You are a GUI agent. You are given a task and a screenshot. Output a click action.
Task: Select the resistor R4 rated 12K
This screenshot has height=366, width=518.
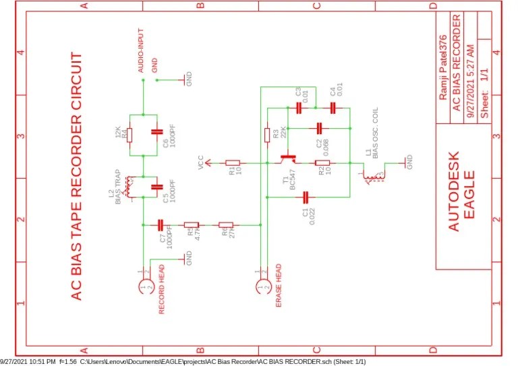click(129, 134)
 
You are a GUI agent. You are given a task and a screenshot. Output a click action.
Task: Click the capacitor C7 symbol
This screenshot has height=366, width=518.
click(161, 224)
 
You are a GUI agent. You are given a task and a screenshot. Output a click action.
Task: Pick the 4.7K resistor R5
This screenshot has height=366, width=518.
click(192, 224)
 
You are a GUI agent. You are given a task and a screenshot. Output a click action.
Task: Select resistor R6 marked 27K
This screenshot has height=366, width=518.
click(225, 224)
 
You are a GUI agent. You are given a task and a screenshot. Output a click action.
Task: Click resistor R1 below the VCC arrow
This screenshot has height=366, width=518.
click(233, 162)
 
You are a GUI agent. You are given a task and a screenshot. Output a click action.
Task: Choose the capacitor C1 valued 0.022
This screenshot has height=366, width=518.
click(306, 197)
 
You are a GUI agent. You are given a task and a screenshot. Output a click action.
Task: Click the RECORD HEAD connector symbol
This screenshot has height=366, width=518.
click(143, 288)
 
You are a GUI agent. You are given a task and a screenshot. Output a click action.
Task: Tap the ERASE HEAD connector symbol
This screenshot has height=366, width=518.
click(261, 288)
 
